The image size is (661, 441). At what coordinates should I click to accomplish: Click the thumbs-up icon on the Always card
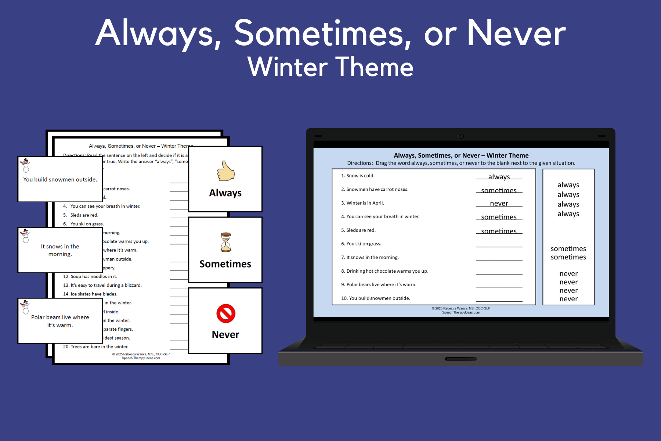225,171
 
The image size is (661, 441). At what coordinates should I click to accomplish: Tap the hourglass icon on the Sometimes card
226,242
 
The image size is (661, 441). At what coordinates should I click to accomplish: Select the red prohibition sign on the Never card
225,313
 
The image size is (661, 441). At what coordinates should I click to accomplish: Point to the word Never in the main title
516,34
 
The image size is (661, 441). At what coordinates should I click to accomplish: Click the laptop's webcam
461,136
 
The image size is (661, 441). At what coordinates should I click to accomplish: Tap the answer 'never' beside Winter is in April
499,203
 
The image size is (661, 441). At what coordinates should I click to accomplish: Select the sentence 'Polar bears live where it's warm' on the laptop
381,284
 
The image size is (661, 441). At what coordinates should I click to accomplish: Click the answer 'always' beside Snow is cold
499,176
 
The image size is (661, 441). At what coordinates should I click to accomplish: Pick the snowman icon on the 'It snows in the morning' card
25,236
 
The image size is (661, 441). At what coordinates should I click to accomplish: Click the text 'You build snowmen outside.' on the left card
60,179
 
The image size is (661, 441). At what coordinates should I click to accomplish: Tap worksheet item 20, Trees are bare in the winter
96,347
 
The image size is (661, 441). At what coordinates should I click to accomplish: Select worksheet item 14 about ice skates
90,294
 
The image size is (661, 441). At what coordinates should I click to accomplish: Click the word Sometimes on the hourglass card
225,264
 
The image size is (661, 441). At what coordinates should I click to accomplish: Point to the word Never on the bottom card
225,334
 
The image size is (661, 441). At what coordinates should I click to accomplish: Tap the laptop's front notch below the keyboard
460,359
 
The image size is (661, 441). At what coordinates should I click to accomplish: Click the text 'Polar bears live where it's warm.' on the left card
60,321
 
